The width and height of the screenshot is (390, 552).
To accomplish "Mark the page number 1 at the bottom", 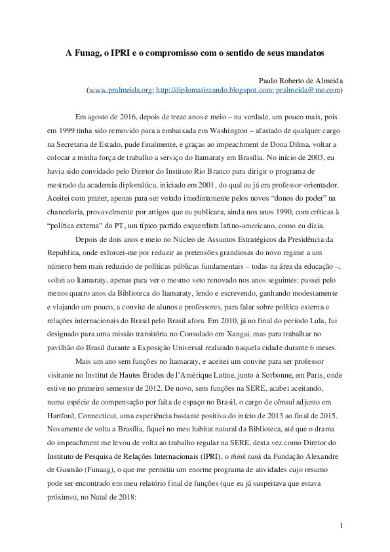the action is pos(341,526).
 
